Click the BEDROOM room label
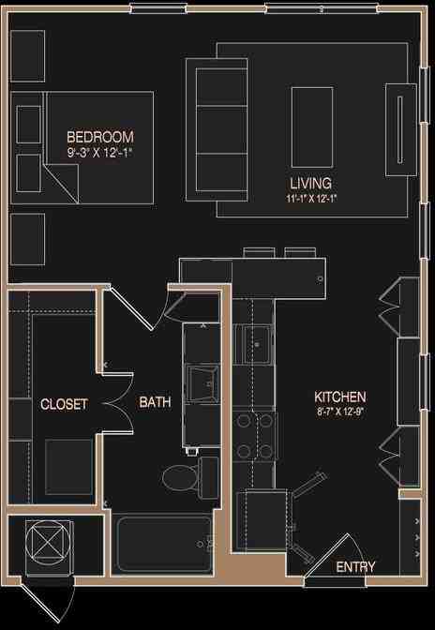pyautogui.click(x=100, y=136)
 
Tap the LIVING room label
pyautogui.click(x=310, y=184)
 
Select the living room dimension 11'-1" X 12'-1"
pyautogui.click(x=310, y=199)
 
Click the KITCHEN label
pyautogui.click(x=340, y=397)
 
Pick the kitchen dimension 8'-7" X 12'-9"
pyautogui.click(x=340, y=412)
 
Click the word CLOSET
pyautogui.click(x=64, y=405)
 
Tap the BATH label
pyautogui.click(x=155, y=403)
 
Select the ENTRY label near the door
pyautogui.click(x=355, y=567)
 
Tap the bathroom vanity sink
pyautogui.click(x=201, y=380)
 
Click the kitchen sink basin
pyautogui.click(x=254, y=344)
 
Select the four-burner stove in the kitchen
pyautogui.click(x=255, y=436)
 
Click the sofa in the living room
pyautogui.click(x=217, y=128)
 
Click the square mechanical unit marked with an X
pyautogui.click(x=47, y=543)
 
